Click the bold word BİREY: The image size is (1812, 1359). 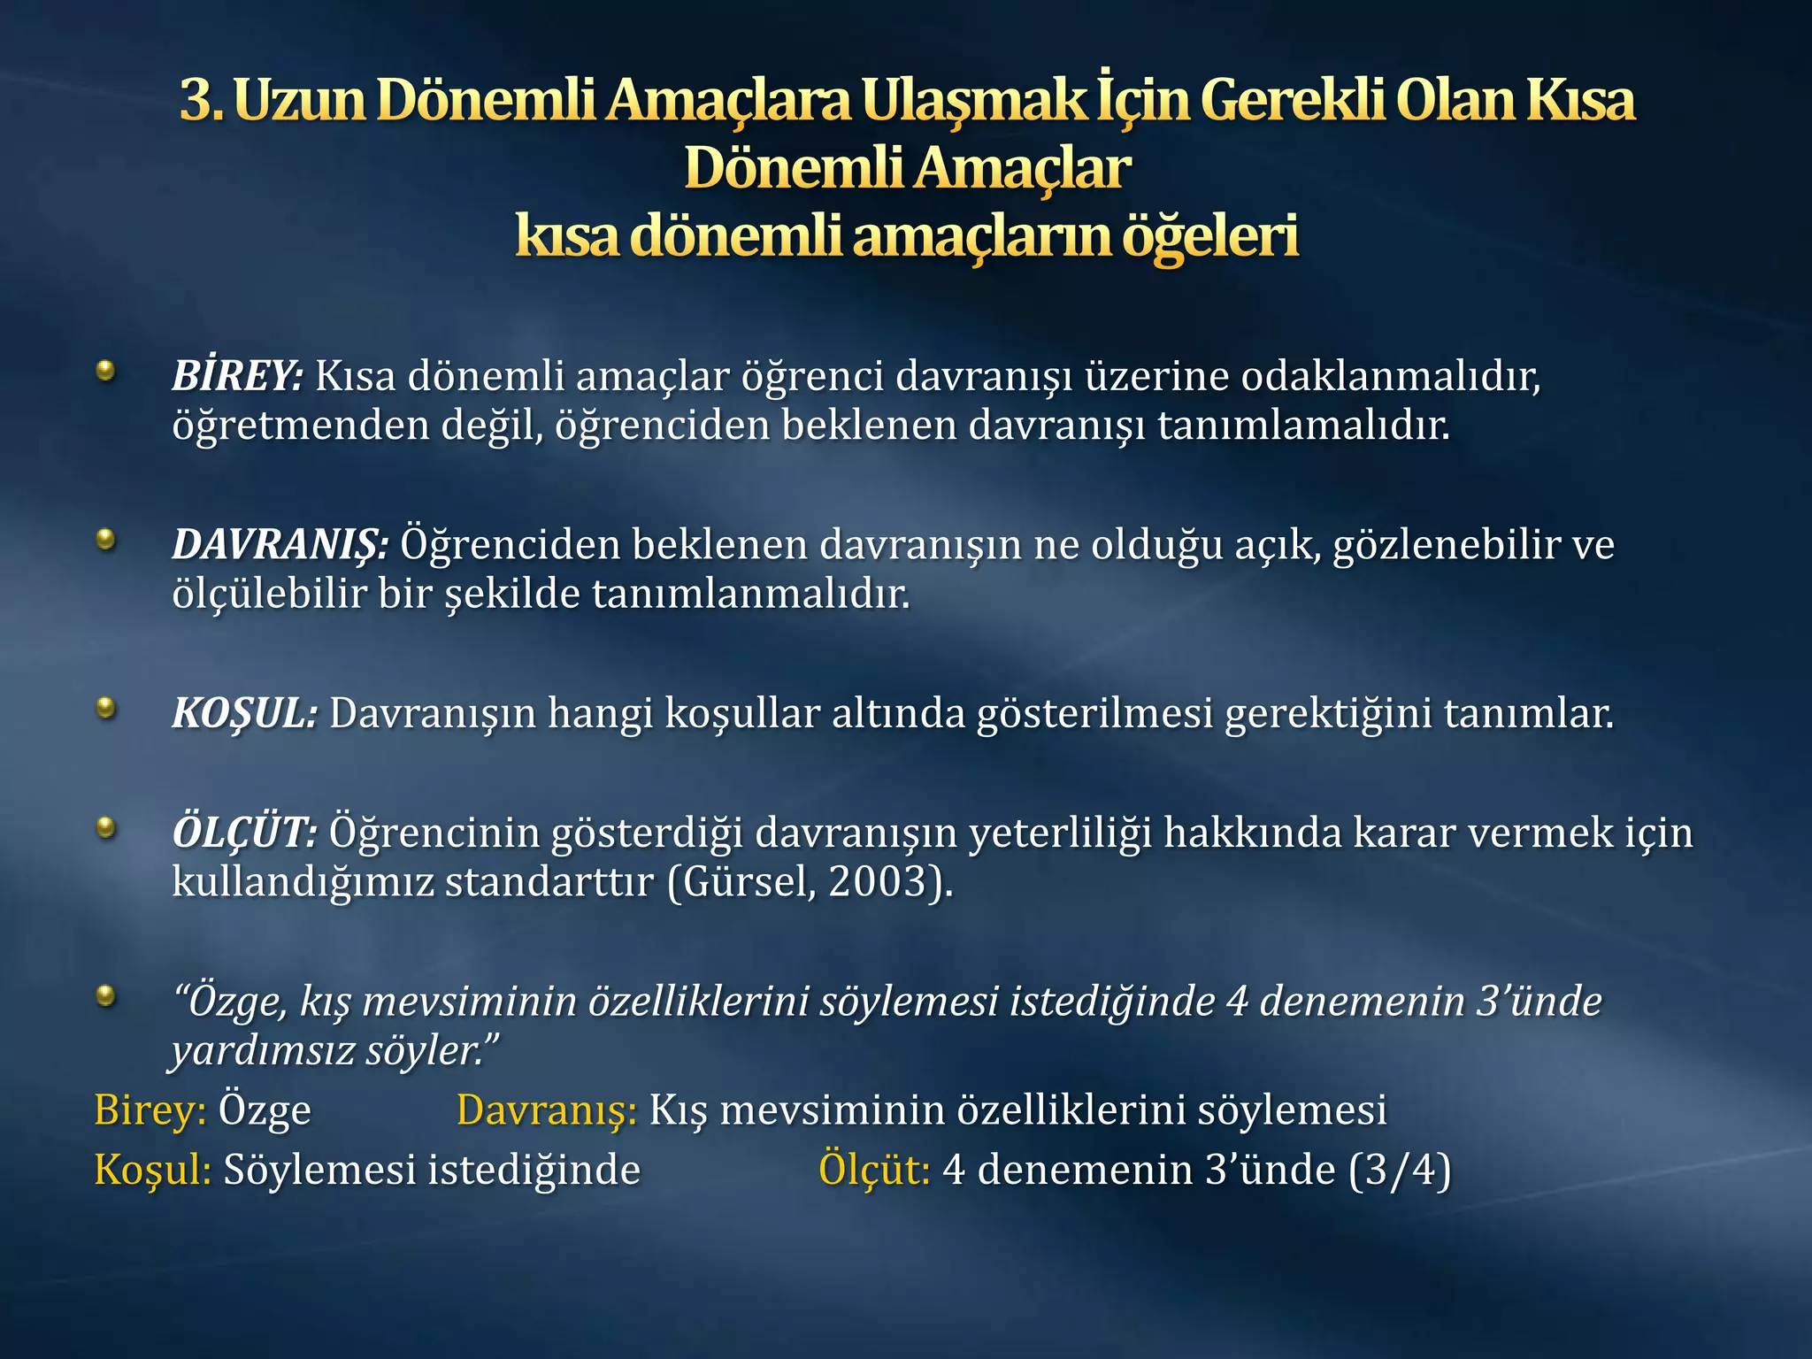(x=237, y=376)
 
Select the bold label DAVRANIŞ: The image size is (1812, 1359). (x=280, y=544)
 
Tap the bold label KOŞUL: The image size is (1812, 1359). (x=244, y=713)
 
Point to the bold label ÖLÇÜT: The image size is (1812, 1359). (x=244, y=833)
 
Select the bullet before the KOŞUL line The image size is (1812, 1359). (x=106, y=707)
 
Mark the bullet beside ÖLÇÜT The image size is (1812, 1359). (x=106, y=827)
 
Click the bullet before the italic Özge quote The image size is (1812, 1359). (x=106, y=996)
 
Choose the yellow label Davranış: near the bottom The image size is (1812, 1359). (x=547, y=1110)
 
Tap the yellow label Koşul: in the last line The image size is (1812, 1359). (x=152, y=1170)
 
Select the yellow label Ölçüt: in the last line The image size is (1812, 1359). (x=874, y=1170)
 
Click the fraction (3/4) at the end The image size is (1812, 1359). (x=1400, y=1170)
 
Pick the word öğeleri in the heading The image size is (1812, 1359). (x=1210, y=236)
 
